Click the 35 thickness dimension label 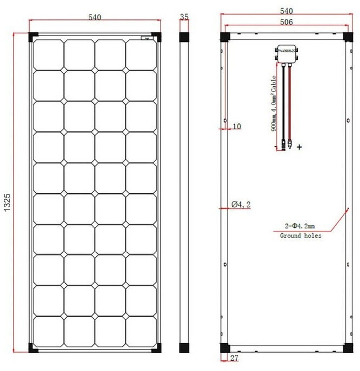pos(184,17)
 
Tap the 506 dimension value pos(286,22)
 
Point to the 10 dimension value pos(237,127)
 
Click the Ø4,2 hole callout pos(241,204)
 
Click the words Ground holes pos(301,236)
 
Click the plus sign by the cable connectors pos(299,146)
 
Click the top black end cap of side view pos(184,37)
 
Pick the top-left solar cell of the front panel pos(49,54)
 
